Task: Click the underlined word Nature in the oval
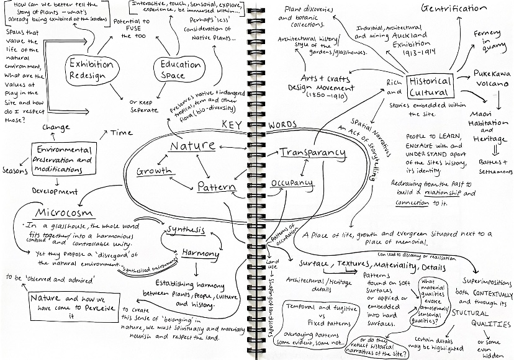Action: pos(193,146)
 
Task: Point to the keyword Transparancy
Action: pos(312,153)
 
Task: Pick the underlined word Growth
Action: pos(154,171)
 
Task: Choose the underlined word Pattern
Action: pos(217,186)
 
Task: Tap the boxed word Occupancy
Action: pos(292,184)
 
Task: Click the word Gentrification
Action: pos(453,9)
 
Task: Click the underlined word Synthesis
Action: pos(184,230)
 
